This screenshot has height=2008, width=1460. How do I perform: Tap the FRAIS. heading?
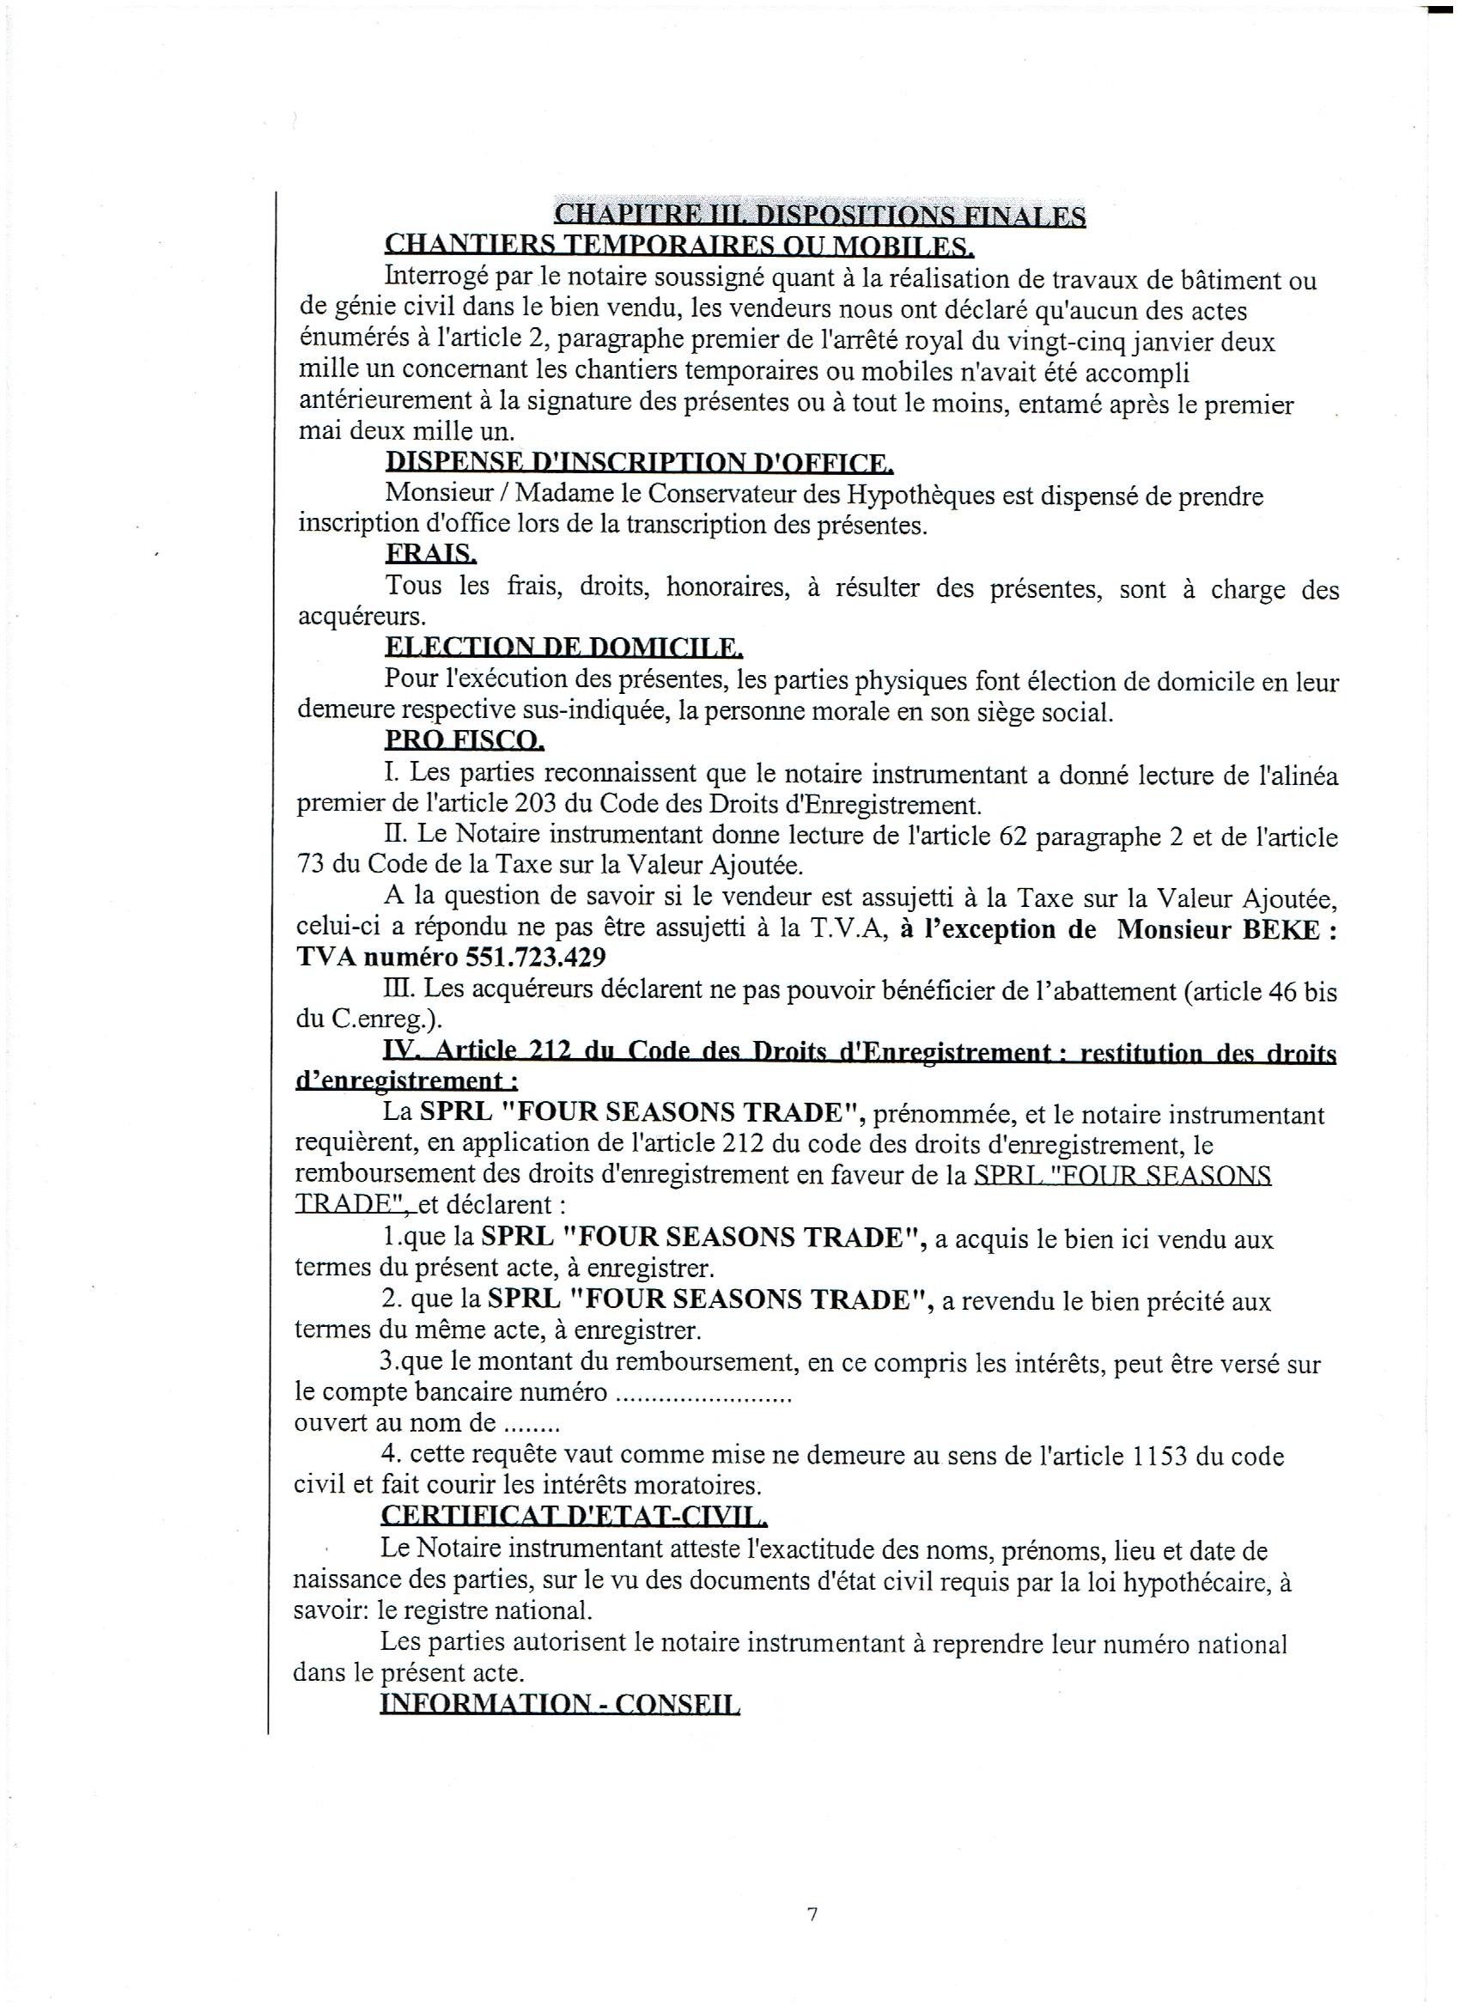click(430, 554)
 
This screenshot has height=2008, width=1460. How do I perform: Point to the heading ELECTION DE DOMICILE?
click(563, 649)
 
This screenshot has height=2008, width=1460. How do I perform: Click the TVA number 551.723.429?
click(533, 958)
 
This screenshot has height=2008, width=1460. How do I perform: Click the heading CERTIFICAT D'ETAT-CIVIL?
click(574, 1517)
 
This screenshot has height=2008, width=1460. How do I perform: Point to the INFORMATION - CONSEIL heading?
click(560, 1703)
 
